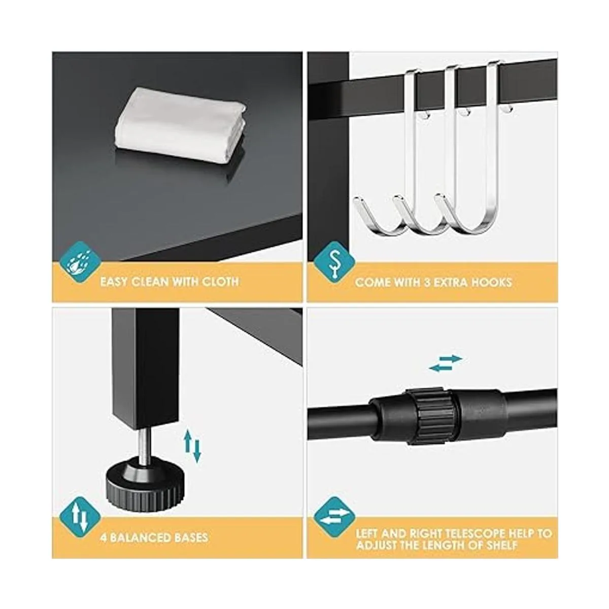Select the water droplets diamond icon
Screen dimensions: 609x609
tap(80, 262)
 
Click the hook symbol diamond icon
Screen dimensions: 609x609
tap(334, 262)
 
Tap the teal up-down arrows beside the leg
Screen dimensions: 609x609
tap(193, 446)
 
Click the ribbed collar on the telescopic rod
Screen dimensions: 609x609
tap(431, 416)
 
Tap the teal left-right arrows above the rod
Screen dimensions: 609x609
tap(446, 363)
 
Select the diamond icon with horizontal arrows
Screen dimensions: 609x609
tap(334, 517)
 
